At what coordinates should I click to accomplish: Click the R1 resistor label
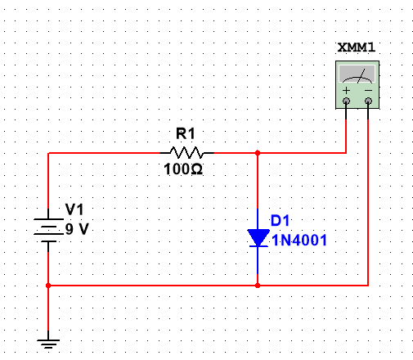coord(186,133)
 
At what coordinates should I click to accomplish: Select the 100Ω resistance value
coord(183,169)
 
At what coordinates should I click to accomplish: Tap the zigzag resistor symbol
coord(186,153)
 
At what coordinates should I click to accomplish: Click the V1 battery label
coord(74,209)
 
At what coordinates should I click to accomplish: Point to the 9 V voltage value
coord(77,229)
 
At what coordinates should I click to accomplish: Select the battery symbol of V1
coord(48,230)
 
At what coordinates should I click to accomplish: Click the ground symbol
coord(48,344)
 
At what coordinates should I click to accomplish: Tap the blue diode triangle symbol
coord(258,238)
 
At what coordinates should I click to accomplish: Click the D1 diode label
coord(280,220)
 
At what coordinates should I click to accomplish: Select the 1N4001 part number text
coord(299,241)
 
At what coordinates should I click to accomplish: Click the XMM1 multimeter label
coord(357,47)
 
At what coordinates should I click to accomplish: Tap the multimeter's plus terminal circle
coord(346,101)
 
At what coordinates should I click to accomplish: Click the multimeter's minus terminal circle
coord(368,101)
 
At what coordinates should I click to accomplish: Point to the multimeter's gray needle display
coord(357,74)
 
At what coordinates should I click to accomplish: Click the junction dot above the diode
coord(258,153)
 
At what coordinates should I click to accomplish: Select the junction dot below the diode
coord(258,286)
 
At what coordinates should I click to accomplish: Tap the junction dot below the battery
coord(48,286)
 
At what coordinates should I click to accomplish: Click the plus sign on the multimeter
coord(346,90)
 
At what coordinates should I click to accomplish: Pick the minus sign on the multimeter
coord(368,90)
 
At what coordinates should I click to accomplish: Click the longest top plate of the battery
coord(48,219)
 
